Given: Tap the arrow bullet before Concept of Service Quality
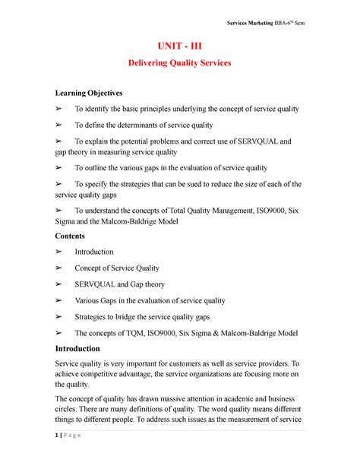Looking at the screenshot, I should (x=61, y=268).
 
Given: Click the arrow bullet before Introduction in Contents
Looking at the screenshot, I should (x=61, y=252).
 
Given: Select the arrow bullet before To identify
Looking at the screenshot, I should (x=61, y=109).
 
